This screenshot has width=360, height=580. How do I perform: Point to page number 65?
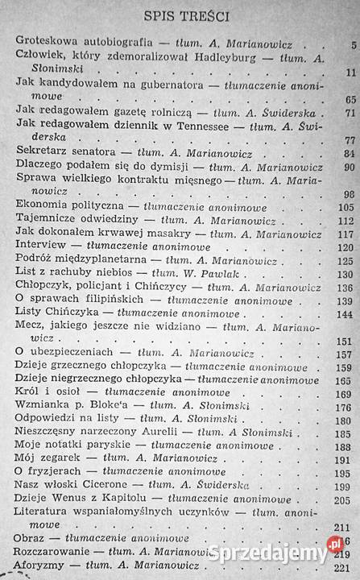pyautogui.click(x=350, y=99)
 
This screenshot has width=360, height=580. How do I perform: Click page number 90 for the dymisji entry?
pyautogui.click(x=350, y=168)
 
